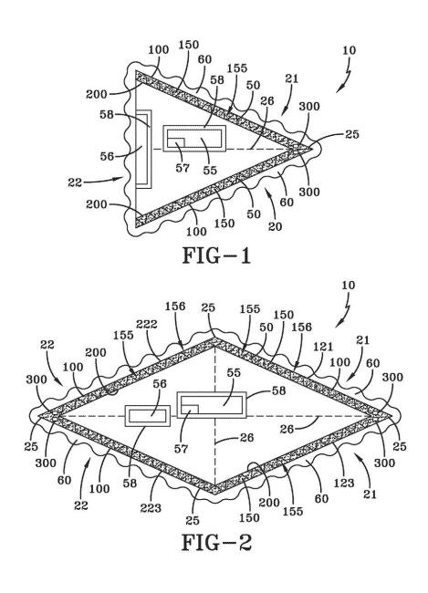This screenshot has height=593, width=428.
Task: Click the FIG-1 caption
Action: pyautogui.click(x=216, y=255)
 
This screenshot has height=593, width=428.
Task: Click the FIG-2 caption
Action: pyautogui.click(x=216, y=543)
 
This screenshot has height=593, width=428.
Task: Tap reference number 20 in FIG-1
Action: pyautogui.click(x=275, y=226)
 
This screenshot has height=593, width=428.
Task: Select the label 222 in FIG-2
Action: pyautogui.click(x=146, y=324)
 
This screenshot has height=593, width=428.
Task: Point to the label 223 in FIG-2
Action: pyautogui.click(x=151, y=508)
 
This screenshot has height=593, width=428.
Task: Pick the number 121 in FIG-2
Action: pyautogui.click(x=323, y=347)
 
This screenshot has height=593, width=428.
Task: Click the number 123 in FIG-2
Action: pyautogui.click(x=344, y=483)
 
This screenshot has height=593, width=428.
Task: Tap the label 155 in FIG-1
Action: pyautogui.click(x=237, y=68)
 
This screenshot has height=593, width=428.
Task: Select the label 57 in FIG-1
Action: pyautogui.click(x=183, y=168)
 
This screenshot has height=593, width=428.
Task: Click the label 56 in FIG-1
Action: pyautogui.click(x=107, y=156)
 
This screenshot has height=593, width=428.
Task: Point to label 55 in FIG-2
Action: pyautogui.click(x=234, y=372)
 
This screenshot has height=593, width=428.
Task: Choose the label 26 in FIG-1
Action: pyautogui.click(x=267, y=100)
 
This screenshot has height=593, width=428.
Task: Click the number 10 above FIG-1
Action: pyautogui.click(x=349, y=50)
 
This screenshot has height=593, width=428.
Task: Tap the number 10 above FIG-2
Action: pyautogui.click(x=349, y=286)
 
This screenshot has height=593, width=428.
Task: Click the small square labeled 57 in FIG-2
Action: pyautogui.click(x=190, y=410)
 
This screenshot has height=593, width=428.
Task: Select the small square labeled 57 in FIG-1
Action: pyautogui.click(x=176, y=142)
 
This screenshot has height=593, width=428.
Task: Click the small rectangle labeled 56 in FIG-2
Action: pyautogui.click(x=148, y=416)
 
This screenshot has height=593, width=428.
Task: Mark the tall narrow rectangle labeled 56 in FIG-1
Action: pyautogui.click(x=144, y=149)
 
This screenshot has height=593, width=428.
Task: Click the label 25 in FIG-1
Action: pyautogui.click(x=352, y=134)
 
